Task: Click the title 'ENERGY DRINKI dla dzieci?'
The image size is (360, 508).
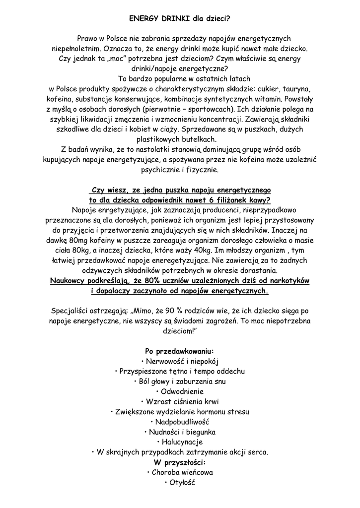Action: (x=179, y=18)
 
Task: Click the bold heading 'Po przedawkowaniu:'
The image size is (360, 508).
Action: (x=179, y=351)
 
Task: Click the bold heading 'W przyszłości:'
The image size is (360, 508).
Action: (x=179, y=462)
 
